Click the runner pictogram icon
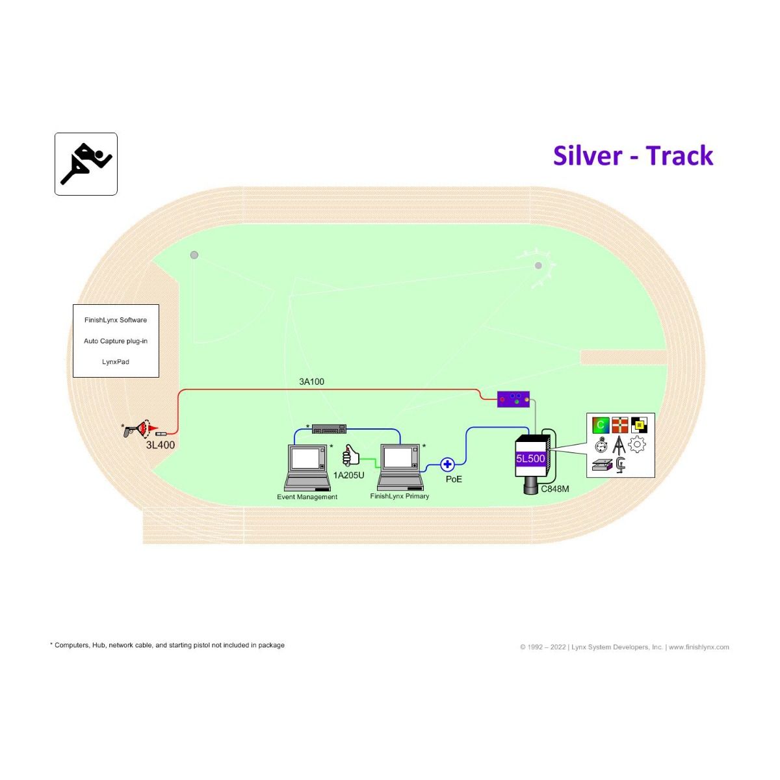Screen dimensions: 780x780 [86, 164]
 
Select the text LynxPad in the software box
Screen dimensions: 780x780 [115, 362]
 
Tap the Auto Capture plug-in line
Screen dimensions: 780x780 [115, 341]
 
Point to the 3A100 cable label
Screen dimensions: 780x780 [311, 382]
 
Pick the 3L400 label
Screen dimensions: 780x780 [161, 445]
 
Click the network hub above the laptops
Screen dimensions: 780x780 [329, 428]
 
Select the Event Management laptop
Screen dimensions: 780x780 [307, 467]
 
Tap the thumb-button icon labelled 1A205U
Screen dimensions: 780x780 [351, 456]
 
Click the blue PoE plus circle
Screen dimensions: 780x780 [447, 465]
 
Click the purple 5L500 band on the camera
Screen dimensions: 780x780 [530, 459]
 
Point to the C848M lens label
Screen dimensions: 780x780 [555, 489]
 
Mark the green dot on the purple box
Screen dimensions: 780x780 [517, 402]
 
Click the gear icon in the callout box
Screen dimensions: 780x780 [637, 445]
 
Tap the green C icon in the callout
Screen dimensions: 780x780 [601, 424]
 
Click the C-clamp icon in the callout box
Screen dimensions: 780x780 [620, 465]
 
